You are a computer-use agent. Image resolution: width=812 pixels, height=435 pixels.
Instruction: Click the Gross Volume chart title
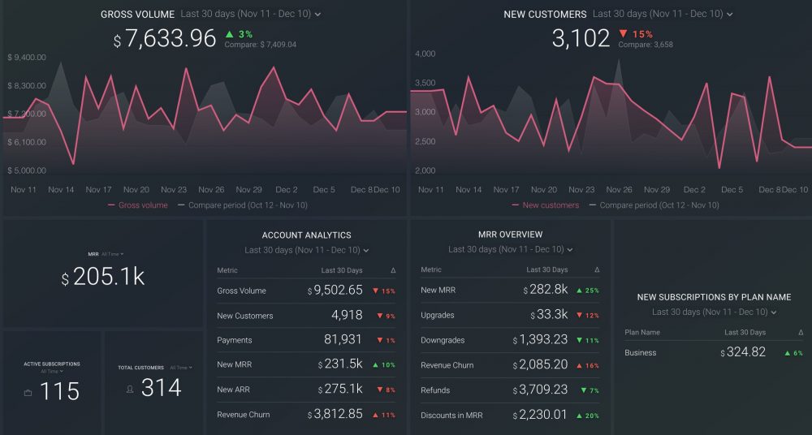click(137, 15)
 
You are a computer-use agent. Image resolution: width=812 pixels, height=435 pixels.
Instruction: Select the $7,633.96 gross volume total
click(166, 39)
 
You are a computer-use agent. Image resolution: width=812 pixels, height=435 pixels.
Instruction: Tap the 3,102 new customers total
click(581, 39)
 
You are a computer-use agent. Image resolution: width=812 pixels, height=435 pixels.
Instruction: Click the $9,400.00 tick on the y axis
click(27, 58)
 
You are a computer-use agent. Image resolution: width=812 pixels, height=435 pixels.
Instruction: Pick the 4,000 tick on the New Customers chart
click(425, 54)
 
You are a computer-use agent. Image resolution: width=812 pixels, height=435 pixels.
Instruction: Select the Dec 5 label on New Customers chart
click(731, 189)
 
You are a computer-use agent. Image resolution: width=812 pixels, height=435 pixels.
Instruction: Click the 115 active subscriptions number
click(59, 391)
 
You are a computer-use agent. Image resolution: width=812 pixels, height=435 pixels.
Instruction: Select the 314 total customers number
click(161, 389)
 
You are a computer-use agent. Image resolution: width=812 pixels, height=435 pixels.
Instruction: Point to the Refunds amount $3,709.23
click(540, 390)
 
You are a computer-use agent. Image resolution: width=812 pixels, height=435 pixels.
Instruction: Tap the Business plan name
click(641, 353)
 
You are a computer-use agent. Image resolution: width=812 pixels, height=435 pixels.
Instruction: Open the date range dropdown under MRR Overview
click(511, 250)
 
